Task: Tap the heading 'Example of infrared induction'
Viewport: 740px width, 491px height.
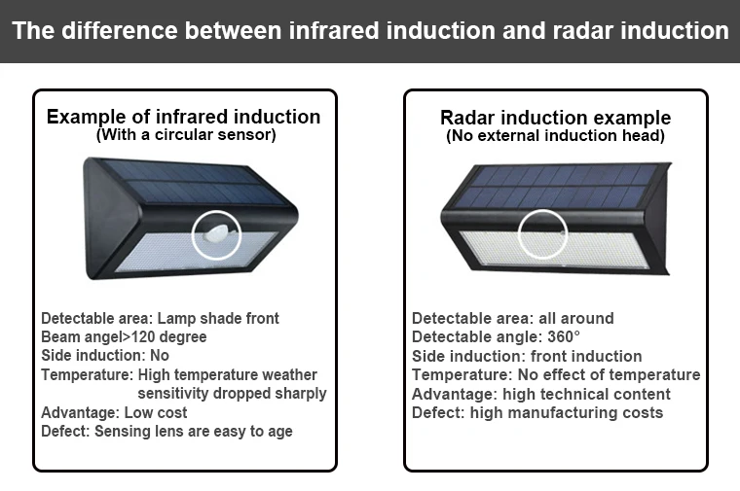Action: coord(184,117)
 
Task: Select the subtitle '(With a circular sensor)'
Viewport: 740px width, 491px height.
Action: coord(185,135)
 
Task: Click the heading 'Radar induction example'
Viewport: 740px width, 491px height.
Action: coord(555,118)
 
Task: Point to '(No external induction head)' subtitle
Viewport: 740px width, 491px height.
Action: coord(555,136)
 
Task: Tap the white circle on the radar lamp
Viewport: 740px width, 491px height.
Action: coord(541,234)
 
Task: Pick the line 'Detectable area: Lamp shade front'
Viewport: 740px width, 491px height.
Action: coord(160,318)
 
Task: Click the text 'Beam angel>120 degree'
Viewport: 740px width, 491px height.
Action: coord(124,336)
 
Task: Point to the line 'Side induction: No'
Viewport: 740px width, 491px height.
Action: coord(105,356)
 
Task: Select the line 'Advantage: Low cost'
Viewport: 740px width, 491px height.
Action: coord(114,412)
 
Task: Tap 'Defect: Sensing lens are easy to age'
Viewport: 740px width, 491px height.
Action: coord(166,431)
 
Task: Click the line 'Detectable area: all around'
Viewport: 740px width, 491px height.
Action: coord(512,318)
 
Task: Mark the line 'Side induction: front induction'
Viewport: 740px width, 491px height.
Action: coord(527,356)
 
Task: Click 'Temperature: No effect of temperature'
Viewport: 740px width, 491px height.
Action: coord(555,374)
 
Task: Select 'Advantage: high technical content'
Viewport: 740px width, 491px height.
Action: coord(540,394)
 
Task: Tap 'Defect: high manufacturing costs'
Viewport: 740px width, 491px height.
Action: coord(536,412)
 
